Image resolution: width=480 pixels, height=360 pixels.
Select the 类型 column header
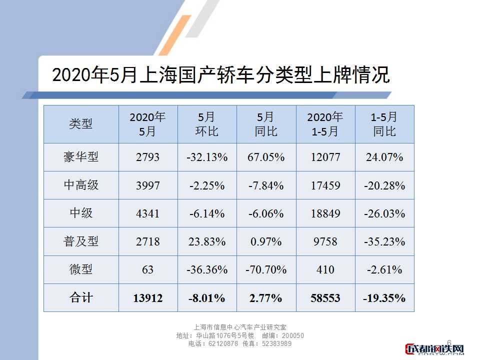(80, 124)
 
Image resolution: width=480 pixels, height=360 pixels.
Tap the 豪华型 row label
(80, 157)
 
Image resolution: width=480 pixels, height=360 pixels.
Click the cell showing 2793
(147, 157)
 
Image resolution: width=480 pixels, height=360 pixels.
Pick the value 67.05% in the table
(266, 157)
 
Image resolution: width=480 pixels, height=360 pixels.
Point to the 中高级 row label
(80, 185)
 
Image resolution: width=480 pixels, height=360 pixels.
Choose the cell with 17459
(325, 185)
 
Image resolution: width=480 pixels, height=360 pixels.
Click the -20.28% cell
(384, 185)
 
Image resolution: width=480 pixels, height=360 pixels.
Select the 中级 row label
(80, 213)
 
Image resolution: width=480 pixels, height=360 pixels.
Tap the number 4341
(147, 213)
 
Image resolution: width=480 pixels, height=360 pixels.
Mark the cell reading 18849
(325, 213)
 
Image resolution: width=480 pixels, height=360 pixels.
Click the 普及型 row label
(80, 241)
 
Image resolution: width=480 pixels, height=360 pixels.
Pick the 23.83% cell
(207, 241)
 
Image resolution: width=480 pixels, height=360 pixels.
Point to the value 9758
(325, 241)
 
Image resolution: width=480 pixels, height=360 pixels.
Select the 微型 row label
(80, 269)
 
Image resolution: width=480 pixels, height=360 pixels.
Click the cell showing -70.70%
(266, 269)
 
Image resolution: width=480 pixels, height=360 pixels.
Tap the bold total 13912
(147, 298)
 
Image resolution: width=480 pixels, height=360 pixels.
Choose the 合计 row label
(80, 298)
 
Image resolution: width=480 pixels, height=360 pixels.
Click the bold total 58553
(325, 298)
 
